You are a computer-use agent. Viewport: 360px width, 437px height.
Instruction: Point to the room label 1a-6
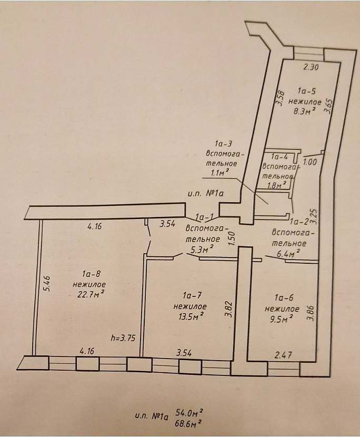284,297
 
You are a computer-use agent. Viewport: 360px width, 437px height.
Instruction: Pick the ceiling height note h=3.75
123,338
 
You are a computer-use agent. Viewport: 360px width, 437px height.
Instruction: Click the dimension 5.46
47,283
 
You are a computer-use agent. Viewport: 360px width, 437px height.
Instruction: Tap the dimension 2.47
283,355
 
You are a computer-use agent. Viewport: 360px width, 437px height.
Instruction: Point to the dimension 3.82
229,309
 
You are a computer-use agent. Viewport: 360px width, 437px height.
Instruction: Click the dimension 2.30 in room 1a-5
311,67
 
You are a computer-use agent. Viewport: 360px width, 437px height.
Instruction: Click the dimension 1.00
309,162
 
